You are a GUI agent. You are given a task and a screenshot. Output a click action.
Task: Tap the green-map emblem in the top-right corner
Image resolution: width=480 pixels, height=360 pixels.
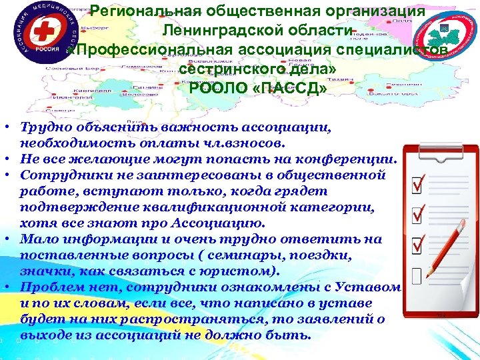click(443, 31)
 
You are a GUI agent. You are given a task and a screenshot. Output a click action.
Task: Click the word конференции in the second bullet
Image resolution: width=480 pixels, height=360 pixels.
click(350, 159)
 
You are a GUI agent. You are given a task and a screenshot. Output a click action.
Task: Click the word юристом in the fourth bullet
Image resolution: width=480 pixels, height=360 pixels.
click(229, 271)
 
